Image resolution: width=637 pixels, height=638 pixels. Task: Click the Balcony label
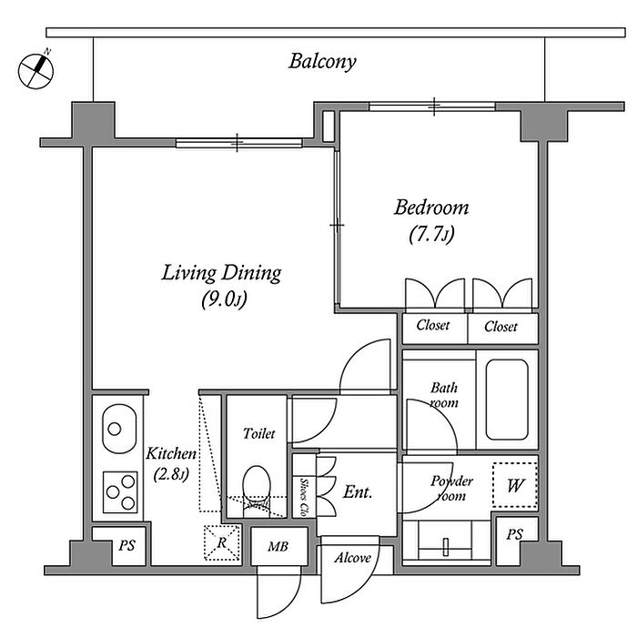[x=322, y=62]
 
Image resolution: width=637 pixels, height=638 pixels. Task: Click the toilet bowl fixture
[x=258, y=488]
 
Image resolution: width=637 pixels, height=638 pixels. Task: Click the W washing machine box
[x=515, y=486]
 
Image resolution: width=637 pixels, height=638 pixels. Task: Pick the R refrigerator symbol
[x=219, y=543]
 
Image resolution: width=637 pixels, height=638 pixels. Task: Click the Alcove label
[x=352, y=557]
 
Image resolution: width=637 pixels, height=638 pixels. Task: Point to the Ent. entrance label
[x=358, y=491]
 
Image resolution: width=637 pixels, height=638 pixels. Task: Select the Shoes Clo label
[x=303, y=497]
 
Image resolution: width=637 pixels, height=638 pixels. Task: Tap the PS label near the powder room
[x=515, y=533]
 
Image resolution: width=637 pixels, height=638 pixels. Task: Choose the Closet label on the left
[x=433, y=326]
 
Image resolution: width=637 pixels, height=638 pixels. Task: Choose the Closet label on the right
[x=500, y=326]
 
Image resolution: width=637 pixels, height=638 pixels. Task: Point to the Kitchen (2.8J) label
[x=171, y=462]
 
